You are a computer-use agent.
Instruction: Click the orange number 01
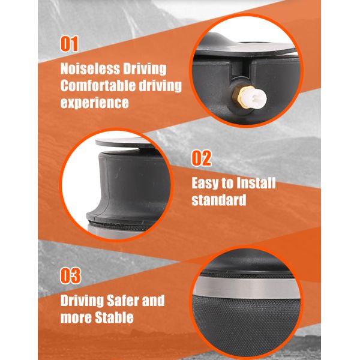(x=69, y=44)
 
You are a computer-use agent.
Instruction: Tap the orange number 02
(x=202, y=158)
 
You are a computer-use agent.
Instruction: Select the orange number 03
(x=70, y=275)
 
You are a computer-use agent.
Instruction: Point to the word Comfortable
(x=98, y=86)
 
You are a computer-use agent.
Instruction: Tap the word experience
(x=95, y=103)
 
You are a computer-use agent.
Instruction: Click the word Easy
(x=205, y=184)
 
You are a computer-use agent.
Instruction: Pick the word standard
(x=219, y=200)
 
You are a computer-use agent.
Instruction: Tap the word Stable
(x=114, y=317)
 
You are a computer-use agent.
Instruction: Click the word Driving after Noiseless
(x=145, y=69)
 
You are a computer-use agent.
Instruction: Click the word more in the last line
(x=76, y=318)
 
